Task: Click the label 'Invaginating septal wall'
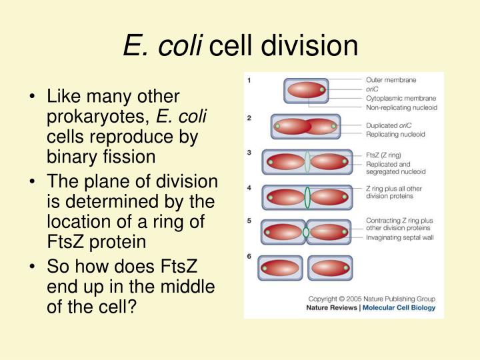click(x=401, y=238)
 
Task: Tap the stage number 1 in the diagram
click(x=249, y=80)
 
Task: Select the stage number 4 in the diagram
click(x=249, y=188)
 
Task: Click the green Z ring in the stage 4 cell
click(x=307, y=197)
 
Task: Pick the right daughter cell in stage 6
click(x=331, y=268)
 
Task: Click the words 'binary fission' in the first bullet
click(x=101, y=157)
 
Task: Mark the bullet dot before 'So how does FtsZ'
click(x=33, y=268)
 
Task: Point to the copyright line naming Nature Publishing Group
click(x=371, y=298)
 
